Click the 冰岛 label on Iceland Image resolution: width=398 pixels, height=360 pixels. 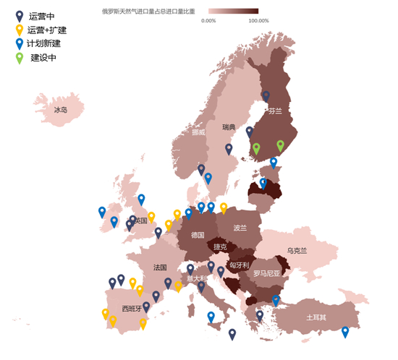pyautogui.click(x=60, y=111)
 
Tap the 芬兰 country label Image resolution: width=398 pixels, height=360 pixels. pyautogui.click(x=275, y=111)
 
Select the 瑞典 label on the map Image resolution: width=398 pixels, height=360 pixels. pyautogui.click(x=229, y=127)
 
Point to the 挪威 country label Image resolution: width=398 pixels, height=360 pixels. pyautogui.click(x=198, y=132)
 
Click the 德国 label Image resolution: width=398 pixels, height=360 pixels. pyautogui.click(x=198, y=235)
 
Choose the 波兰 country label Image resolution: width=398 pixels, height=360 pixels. pyautogui.click(x=240, y=228)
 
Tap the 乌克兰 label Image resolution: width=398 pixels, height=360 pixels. pyautogui.click(x=297, y=251)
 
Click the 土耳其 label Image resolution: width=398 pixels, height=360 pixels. pyautogui.click(x=317, y=317)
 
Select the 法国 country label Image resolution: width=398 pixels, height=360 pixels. pyautogui.click(x=160, y=267)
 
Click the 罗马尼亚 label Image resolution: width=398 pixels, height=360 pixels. pyautogui.click(x=266, y=274)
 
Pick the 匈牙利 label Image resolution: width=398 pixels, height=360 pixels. pyautogui.click(x=239, y=265)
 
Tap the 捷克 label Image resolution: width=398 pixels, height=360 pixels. pyautogui.click(x=220, y=247)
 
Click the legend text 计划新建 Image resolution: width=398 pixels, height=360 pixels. pyautogui.click(x=44, y=43)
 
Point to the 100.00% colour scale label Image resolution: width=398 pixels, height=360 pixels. pyautogui.click(x=258, y=21)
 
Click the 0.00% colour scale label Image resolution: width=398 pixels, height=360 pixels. pyautogui.click(x=208, y=21)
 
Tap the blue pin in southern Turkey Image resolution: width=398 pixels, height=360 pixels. pyautogui.click(x=345, y=332)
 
